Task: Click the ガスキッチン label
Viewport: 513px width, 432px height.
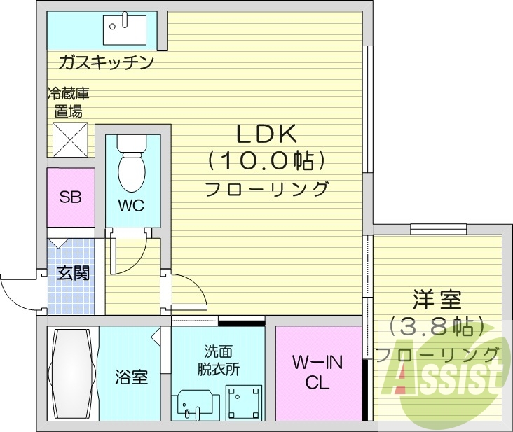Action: [106, 64]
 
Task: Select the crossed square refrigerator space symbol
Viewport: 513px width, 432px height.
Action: [70, 140]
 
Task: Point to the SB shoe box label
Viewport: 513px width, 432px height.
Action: [70, 197]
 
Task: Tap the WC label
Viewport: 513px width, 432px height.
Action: [131, 206]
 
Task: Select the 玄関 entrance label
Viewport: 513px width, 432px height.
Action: [72, 272]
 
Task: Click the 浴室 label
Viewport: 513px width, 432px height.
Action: [131, 377]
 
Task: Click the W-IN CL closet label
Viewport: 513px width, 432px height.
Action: [316, 372]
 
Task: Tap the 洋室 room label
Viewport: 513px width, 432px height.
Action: [436, 300]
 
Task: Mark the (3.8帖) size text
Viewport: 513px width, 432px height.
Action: [437, 326]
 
